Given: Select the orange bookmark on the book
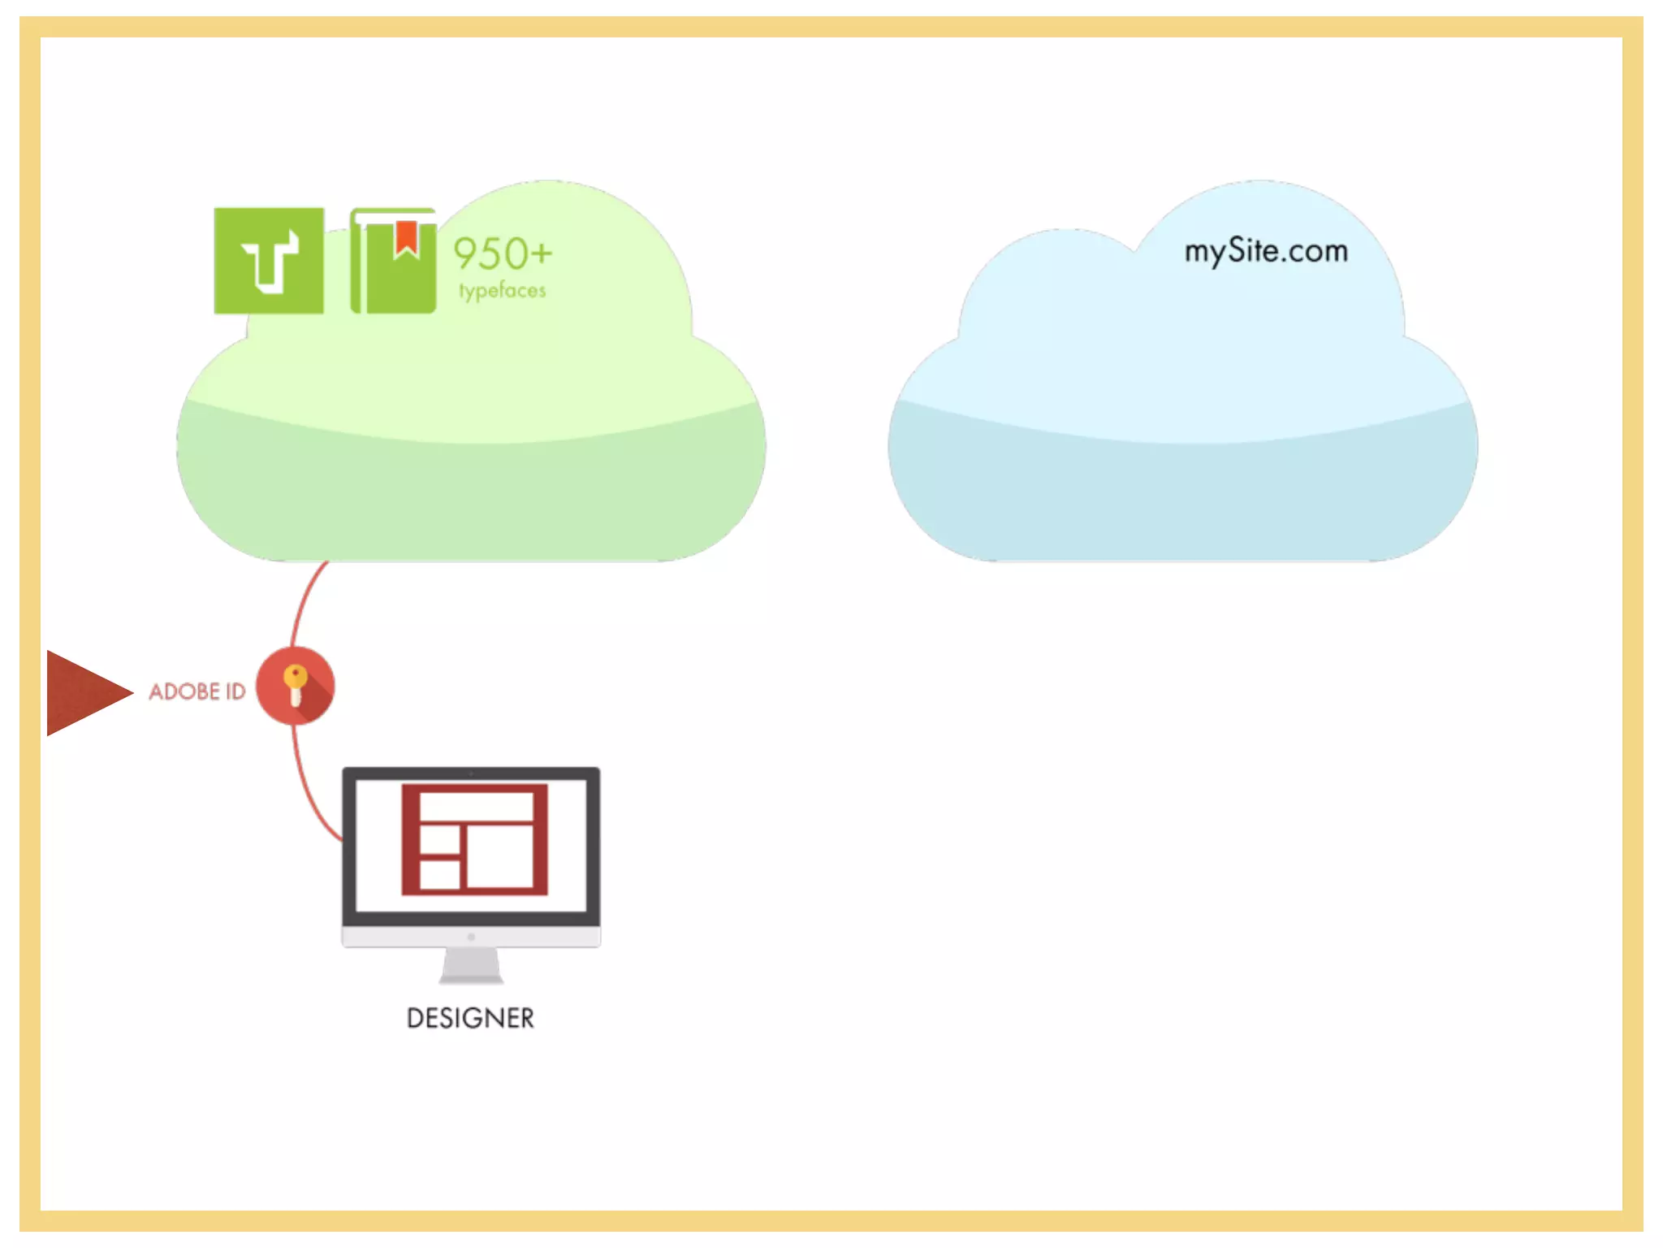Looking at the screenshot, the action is click(406, 237).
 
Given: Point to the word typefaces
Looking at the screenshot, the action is click(502, 290).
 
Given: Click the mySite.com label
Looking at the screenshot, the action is click(1265, 251).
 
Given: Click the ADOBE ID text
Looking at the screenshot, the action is click(197, 691).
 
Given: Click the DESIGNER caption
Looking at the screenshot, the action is click(470, 1018).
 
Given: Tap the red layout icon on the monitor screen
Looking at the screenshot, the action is click(474, 839).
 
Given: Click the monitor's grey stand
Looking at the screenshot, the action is click(471, 966).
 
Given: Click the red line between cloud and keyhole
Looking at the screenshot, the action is click(302, 602).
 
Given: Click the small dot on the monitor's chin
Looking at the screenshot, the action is click(471, 937).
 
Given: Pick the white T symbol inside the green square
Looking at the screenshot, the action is click(270, 261).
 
